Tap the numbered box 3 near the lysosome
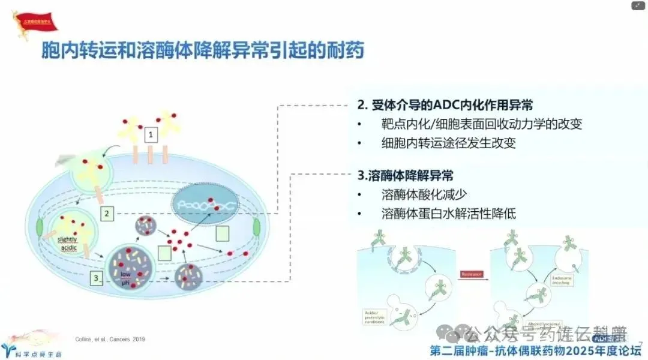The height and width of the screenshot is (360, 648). click(97, 278)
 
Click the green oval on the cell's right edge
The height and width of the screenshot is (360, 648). click(256, 228)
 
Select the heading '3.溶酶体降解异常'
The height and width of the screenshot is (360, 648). click(405, 176)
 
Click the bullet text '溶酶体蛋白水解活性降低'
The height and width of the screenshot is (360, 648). click(448, 214)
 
